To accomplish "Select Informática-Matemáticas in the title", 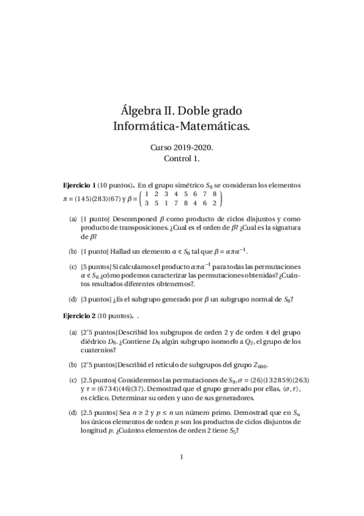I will pos(182,127).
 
